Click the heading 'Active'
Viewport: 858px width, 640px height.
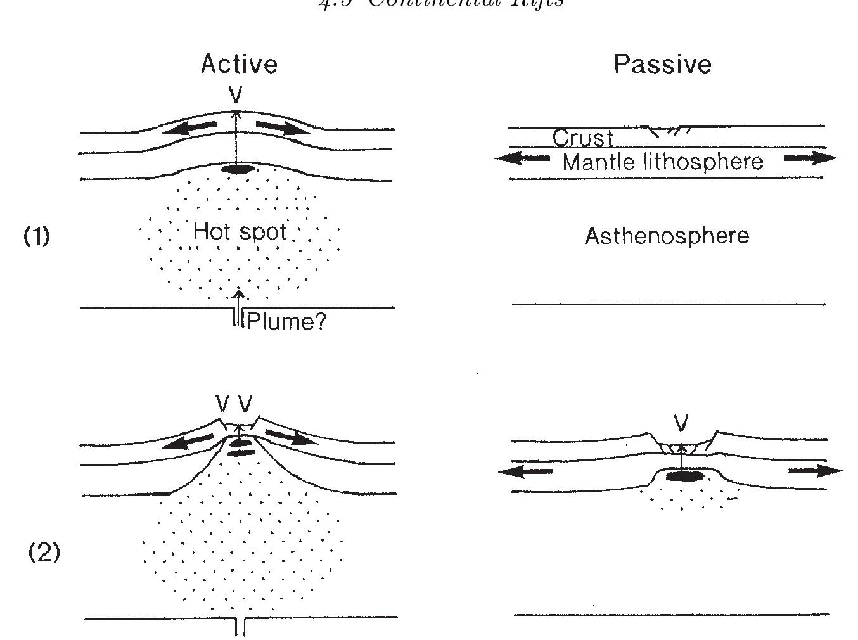(x=239, y=64)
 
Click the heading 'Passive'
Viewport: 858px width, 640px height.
(x=662, y=64)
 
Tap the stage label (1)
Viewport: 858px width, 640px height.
(x=37, y=236)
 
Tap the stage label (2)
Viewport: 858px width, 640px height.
(x=44, y=553)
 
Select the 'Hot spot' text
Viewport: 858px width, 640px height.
(x=240, y=231)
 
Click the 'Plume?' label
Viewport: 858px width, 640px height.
(x=286, y=322)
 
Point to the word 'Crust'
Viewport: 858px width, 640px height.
(x=582, y=138)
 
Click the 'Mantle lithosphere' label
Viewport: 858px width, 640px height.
(x=662, y=162)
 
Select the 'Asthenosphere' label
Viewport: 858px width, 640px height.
(x=667, y=236)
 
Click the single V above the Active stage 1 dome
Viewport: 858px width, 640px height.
(x=236, y=95)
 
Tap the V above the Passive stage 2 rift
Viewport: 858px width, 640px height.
(x=681, y=423)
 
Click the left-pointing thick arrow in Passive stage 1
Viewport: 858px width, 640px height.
(x=522, y=158)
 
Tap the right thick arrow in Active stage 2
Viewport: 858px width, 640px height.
(x=290, y=437)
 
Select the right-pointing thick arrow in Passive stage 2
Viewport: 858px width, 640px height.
(x=816, y=471)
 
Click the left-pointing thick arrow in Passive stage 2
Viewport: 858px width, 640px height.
(x=525, y=471)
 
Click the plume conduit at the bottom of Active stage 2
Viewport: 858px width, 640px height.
(x=240, y=625)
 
